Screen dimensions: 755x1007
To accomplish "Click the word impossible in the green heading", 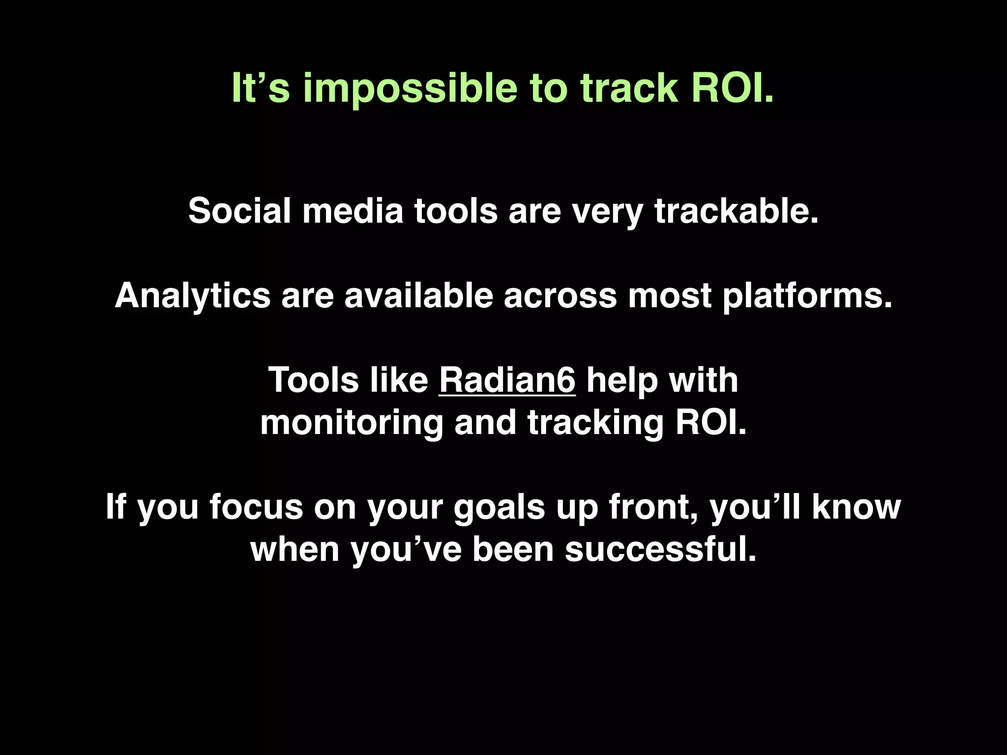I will (410, 89).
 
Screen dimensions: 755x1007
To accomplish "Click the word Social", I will (239, 211).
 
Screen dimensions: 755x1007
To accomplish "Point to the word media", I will (353, 211).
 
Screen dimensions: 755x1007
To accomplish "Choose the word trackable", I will (736, 211).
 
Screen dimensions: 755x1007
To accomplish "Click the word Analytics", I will (192, 296).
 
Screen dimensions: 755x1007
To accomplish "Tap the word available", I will (418, 295).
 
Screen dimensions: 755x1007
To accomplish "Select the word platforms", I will (807, 296).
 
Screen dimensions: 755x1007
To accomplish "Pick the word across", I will (560, 296).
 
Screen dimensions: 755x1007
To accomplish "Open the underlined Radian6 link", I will (507, 380).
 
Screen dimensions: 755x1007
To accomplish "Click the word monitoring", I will (352, 423).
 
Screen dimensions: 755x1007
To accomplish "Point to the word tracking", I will (595, 423).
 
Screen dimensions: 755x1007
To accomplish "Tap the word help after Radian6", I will (622, 380).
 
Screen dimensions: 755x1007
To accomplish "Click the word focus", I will (256, 507).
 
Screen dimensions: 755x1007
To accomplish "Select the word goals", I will (499, 507).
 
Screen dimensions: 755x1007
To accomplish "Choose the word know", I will (856, 507).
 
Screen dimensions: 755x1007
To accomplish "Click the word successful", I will (659, 549).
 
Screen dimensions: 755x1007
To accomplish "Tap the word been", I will (513, 549).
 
